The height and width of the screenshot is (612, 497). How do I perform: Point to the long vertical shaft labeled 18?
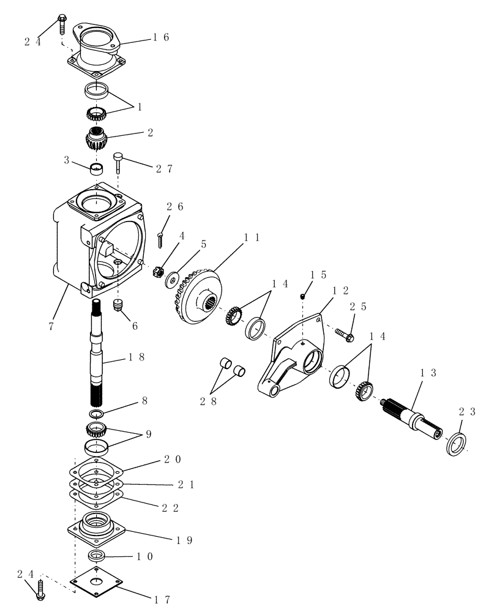pyautogui.click(x=99, y=355)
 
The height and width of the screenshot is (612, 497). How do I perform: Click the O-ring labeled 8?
pyautogui.click(x=98, y=414)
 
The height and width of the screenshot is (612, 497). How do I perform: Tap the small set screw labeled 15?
pyautogui.click(x=303, y=297)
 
